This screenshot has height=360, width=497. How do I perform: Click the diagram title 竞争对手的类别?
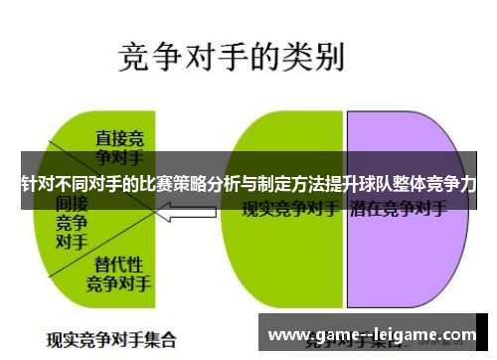click(232, 57)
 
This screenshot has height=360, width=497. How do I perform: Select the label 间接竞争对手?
click(71, 221)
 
